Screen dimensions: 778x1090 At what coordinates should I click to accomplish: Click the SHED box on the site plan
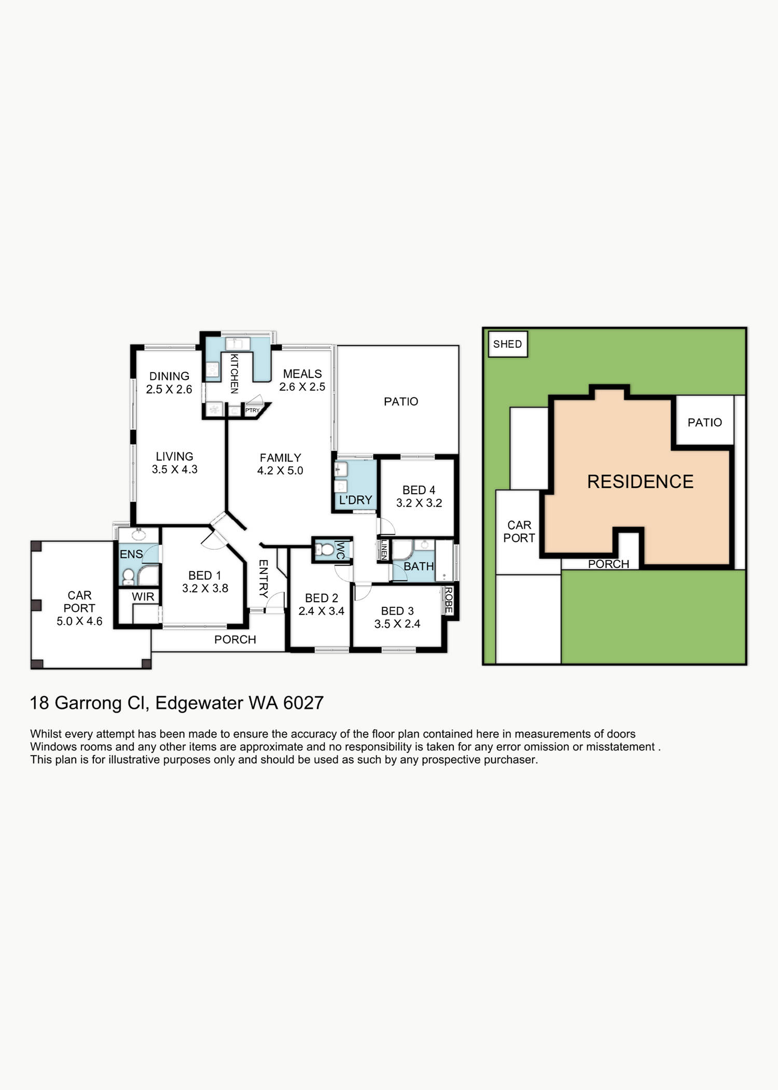508,344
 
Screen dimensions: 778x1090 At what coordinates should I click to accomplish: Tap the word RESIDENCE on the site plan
640,482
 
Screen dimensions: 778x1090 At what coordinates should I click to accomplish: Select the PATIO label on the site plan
704,423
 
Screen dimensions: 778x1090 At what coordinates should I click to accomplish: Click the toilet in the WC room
325,549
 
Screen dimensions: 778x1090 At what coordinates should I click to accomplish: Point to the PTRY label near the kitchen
252,410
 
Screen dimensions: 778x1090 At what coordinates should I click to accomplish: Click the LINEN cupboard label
384,550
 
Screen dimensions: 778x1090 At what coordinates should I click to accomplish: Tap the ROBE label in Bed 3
449,600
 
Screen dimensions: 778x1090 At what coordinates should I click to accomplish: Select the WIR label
143,597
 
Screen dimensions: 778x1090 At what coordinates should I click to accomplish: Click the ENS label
131,554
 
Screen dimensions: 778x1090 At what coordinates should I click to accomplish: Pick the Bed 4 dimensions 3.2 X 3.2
419,503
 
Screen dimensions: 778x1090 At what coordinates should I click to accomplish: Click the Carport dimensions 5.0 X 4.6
79,621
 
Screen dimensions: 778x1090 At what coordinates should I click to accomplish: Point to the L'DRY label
355,500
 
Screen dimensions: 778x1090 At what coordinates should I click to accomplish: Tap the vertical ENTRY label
263,579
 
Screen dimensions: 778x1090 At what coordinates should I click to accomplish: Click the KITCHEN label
234,374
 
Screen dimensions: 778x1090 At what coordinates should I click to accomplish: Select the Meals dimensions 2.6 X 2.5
302,387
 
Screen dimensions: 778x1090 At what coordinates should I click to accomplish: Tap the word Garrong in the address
88,703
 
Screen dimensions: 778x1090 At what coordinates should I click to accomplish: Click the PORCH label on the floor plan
235,640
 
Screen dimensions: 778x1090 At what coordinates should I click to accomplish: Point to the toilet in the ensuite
128,576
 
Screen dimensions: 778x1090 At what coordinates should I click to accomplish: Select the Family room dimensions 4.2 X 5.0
280,471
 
